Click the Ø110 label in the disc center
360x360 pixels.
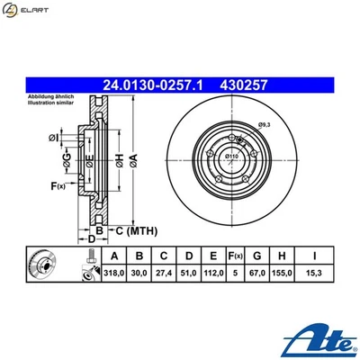pyautogui.click(x=232, y=157)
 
